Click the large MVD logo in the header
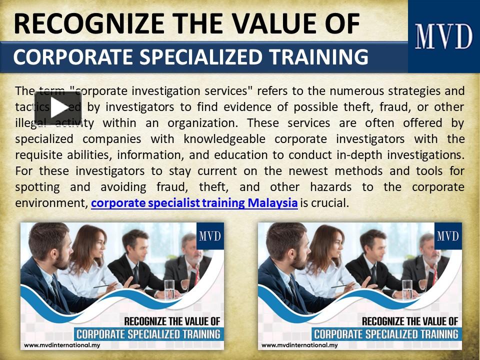(x=443, y=36)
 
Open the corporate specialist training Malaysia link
(x=194, y=203)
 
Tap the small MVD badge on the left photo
(x=210, y=235)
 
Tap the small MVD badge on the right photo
(x=448, y=235)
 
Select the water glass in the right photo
(x=407, y=289)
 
